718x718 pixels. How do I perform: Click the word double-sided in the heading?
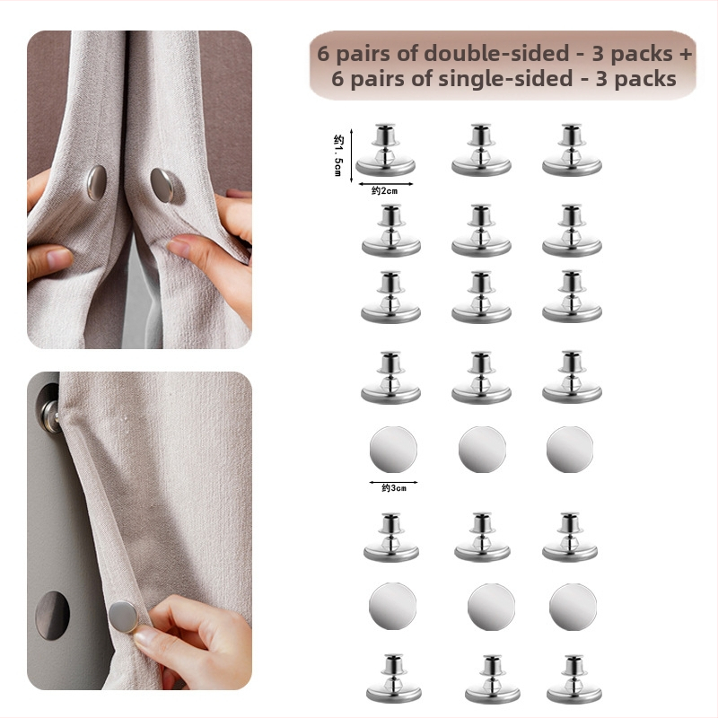click(x=496, y=54)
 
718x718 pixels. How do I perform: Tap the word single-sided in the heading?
click(x=505, y=79)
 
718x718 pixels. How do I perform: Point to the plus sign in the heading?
click(x=686, y=55)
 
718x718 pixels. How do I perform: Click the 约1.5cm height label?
click(x=338, y=155)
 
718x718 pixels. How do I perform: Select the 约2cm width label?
click(x=385, y=191)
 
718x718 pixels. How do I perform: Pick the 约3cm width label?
click(x=394, y=488)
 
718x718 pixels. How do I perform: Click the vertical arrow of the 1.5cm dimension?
click(x=351, y=155)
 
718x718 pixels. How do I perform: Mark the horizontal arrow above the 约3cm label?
click(x=393, y=482)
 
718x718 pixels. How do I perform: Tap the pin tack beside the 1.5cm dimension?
click(x=386, y=150)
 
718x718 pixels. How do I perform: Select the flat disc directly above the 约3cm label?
click(x=393, y=450)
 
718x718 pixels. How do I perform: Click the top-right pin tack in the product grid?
click(x=572, y=150)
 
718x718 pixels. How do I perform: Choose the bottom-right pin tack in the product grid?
click(x=574, y=679)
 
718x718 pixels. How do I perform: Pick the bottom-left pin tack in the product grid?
click(x=394, y=679)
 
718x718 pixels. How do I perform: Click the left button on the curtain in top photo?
click(x=97, y=183)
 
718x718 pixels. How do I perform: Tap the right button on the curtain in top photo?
click(x=162, y=185)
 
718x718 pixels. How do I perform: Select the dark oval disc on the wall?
click(x=53, y=615)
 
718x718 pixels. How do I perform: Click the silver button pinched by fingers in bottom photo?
click(x=123, y=617)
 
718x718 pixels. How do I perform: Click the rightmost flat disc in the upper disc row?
click(x=570, y=450)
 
